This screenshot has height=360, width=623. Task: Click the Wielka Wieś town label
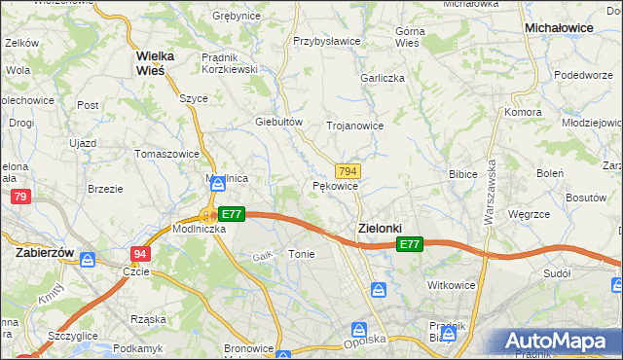point(155,62)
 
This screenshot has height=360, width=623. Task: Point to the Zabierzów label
point(46,251)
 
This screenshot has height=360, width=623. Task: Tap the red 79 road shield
point(20,198)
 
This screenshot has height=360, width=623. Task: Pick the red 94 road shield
point(140,253)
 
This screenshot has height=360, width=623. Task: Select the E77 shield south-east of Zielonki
point(410,245)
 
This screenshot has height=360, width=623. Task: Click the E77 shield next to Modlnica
point(231,214)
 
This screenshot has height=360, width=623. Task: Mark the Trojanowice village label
point(354,126)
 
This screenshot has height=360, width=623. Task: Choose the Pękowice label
point(336,185)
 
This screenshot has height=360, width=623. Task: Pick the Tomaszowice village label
point(167,154)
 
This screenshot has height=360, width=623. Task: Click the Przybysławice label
point(327,42)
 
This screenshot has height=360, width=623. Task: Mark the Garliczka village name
point(382,78)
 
